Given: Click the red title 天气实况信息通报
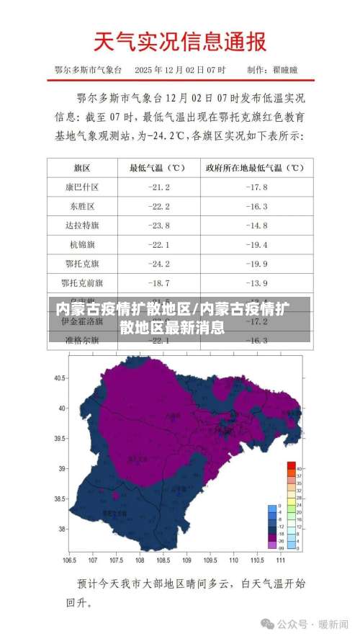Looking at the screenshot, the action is click(x=180, y=43).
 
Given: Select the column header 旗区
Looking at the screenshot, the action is click(x=81, y=168).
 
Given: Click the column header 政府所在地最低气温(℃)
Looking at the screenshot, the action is click(x=256, y=168).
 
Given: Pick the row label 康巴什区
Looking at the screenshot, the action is click(x=81, y=187).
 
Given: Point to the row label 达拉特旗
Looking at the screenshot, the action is click(x=81, y=225).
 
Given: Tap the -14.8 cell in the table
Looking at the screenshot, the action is click(x=256, y=225).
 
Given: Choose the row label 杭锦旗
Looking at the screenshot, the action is click(x=81, y=244).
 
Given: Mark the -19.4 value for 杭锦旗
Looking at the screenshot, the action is click(x=256, y=244).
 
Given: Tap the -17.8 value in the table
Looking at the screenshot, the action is click(x=256, y=187).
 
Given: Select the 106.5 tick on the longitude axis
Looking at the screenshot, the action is click(x=70, y=559).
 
